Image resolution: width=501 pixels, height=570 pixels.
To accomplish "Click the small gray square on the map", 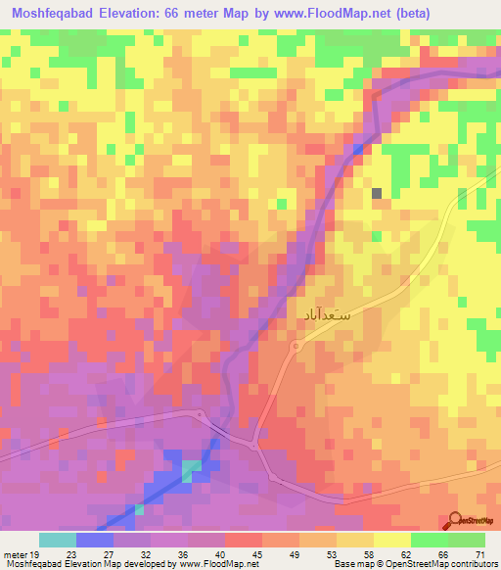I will click(x=377, y=193).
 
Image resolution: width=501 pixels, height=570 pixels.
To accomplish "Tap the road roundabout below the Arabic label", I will click(x=296, y=347).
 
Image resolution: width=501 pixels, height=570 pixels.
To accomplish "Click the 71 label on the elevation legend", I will click(x=478, y=554).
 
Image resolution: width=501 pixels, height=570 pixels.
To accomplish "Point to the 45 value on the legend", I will click(x=257, y=554).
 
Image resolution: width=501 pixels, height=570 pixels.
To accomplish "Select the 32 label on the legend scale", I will click(x=147, y=554).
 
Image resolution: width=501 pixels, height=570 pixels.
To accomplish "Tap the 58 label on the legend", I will click(x=368, y=554).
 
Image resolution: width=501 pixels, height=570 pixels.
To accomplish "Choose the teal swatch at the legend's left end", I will click(x=58, y=540).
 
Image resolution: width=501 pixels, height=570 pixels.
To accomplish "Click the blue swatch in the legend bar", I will click(x=95, y=540).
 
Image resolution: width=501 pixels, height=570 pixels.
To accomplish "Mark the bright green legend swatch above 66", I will click(x=429, y=540).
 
